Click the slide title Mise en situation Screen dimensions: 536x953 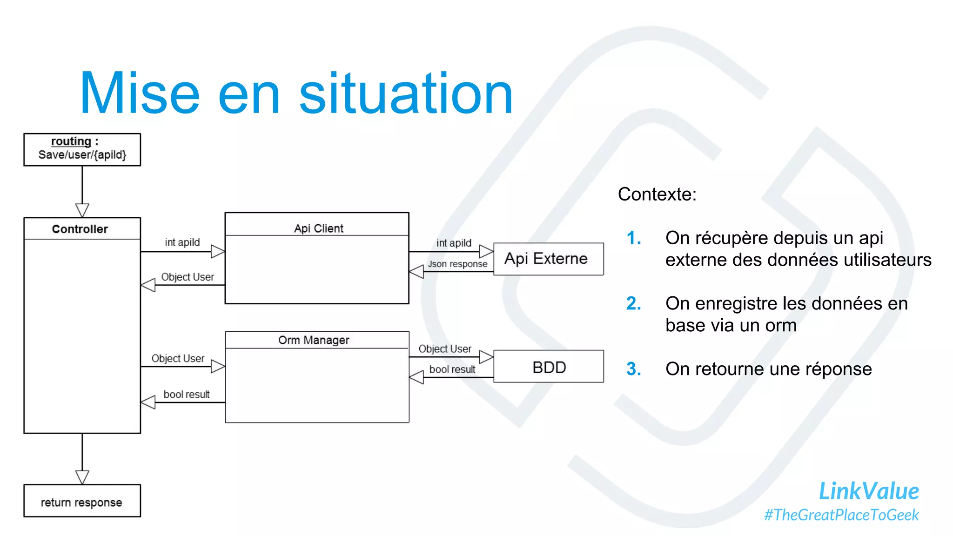(x=296, y=93)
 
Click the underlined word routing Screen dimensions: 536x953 (x=71, y=141)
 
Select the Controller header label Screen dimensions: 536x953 (x=80, y=229)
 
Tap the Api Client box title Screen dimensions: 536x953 (x=318, y=228)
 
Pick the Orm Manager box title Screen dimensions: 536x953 (x=314, y=340)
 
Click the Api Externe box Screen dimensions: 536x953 (x=548, y=259)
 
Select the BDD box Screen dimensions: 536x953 (x=549, y=367)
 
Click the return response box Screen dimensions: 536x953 (x=82, y=502)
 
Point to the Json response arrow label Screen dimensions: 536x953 (x=457, y=264)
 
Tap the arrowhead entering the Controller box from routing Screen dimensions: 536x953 (x=82, y=210)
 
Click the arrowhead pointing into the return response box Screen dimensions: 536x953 (x=82, y=477)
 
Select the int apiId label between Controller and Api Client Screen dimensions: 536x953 (x=182, y=242)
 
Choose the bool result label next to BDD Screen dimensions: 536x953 (x=452, y=369)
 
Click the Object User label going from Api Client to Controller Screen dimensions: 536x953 (x=187, y=277)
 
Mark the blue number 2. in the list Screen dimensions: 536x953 (x=633, y=303)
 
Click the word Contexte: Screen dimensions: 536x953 (x=657, y=194)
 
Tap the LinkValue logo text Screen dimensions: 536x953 (x=868, y=491)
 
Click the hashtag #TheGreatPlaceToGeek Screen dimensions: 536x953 (x=841, y=515)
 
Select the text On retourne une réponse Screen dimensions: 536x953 (x=768, y=369)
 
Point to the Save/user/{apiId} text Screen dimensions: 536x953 (x=82, y=155)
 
